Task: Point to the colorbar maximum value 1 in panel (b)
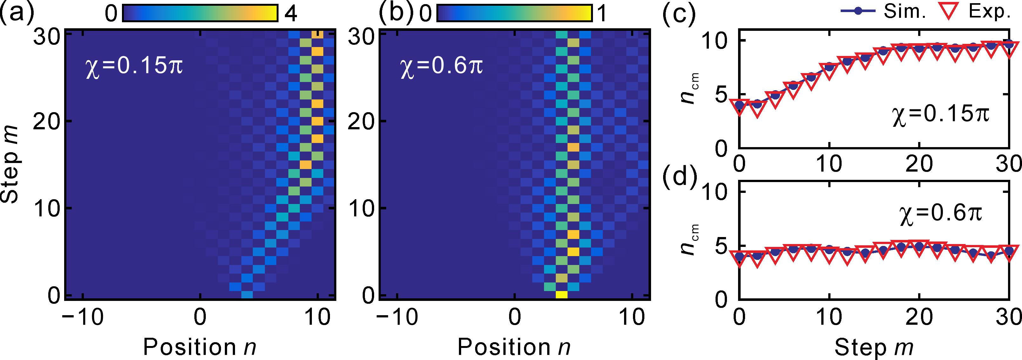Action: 602,15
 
